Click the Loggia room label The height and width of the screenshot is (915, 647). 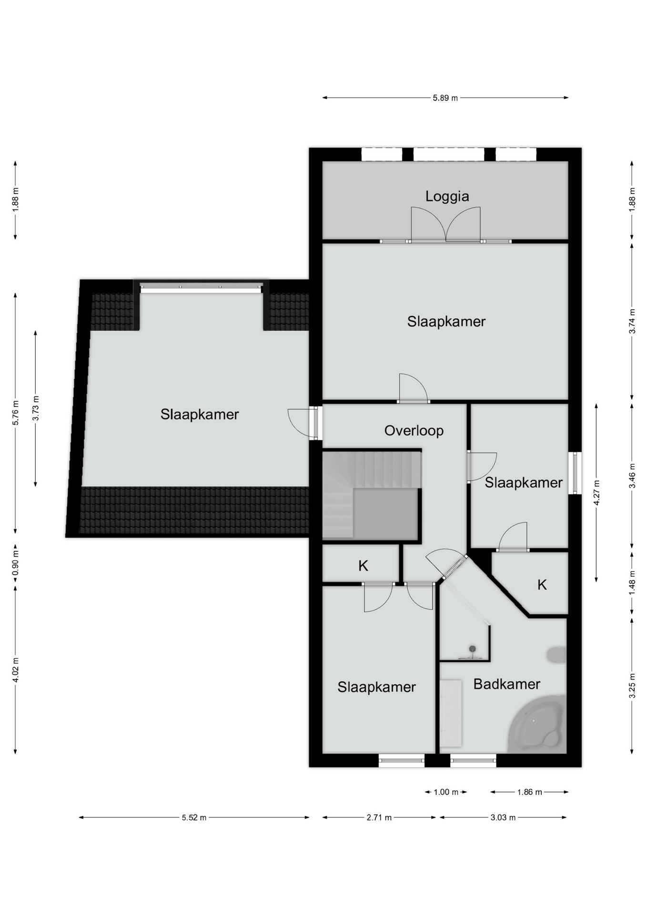click(447, 196)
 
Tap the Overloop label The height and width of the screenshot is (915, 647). click(414, 431)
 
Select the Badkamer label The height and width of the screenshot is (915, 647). click(506, 684)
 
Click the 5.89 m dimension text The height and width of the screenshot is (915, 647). click(445, 98)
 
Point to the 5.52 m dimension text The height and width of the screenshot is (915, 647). click(194, 818)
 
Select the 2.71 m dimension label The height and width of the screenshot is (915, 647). click(379, 818)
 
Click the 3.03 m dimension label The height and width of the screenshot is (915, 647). click(503, 818)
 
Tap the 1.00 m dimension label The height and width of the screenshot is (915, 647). click(445, 792)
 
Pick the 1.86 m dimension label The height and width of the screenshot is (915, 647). click(529, 792)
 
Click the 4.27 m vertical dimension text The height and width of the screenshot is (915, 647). click(596, 493)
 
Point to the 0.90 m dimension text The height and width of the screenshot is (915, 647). click(15, 564)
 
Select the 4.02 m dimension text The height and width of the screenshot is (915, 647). click(15, 670)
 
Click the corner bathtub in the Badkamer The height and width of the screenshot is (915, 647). click(537, 725)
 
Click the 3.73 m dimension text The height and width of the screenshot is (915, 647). click(36, 409)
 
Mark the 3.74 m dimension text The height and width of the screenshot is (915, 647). click(632, 322)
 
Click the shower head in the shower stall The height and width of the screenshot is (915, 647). click(472, 649)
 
